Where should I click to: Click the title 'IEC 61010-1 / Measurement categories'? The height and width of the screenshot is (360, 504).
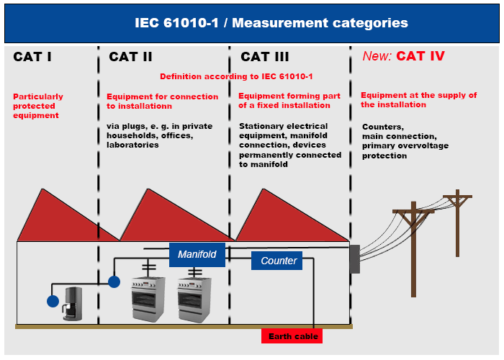click(271, 23)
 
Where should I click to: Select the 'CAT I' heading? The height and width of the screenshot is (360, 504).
click(32, 57)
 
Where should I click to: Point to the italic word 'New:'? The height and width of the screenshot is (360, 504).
click(376, 56)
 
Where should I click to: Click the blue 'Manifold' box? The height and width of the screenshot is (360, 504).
click(197, 254)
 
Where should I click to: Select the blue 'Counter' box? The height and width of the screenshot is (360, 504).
click(276, 261)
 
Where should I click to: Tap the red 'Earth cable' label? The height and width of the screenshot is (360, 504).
click(292, 336)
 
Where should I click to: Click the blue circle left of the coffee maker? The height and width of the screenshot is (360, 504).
click(53, 301)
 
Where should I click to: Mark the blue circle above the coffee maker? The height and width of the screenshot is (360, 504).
click(113, 281)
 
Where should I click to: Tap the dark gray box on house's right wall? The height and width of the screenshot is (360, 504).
click(354, 259)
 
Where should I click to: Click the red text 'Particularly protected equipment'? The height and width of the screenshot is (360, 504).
click(38, 106)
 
